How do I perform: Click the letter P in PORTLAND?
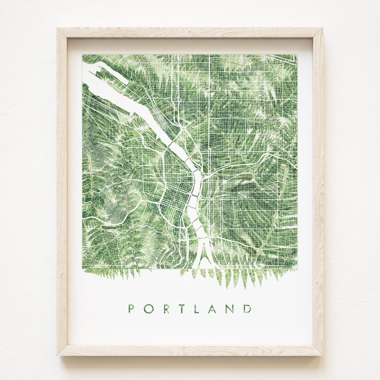click(131, 309)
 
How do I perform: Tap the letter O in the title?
click(148, 309)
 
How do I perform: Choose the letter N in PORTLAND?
click(231, 309)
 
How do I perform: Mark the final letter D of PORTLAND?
click(248, 309)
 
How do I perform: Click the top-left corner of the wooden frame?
click(57, 28)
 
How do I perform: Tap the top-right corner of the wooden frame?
click(322, 28)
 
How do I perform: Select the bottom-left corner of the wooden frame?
click(57, 355)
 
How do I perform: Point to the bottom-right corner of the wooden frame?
click(323, 355)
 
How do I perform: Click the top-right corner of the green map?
click(297, 54)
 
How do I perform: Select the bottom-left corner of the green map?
click(82, 270)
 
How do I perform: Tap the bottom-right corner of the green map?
click(297, 270)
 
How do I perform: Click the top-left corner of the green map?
click(82, 54)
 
